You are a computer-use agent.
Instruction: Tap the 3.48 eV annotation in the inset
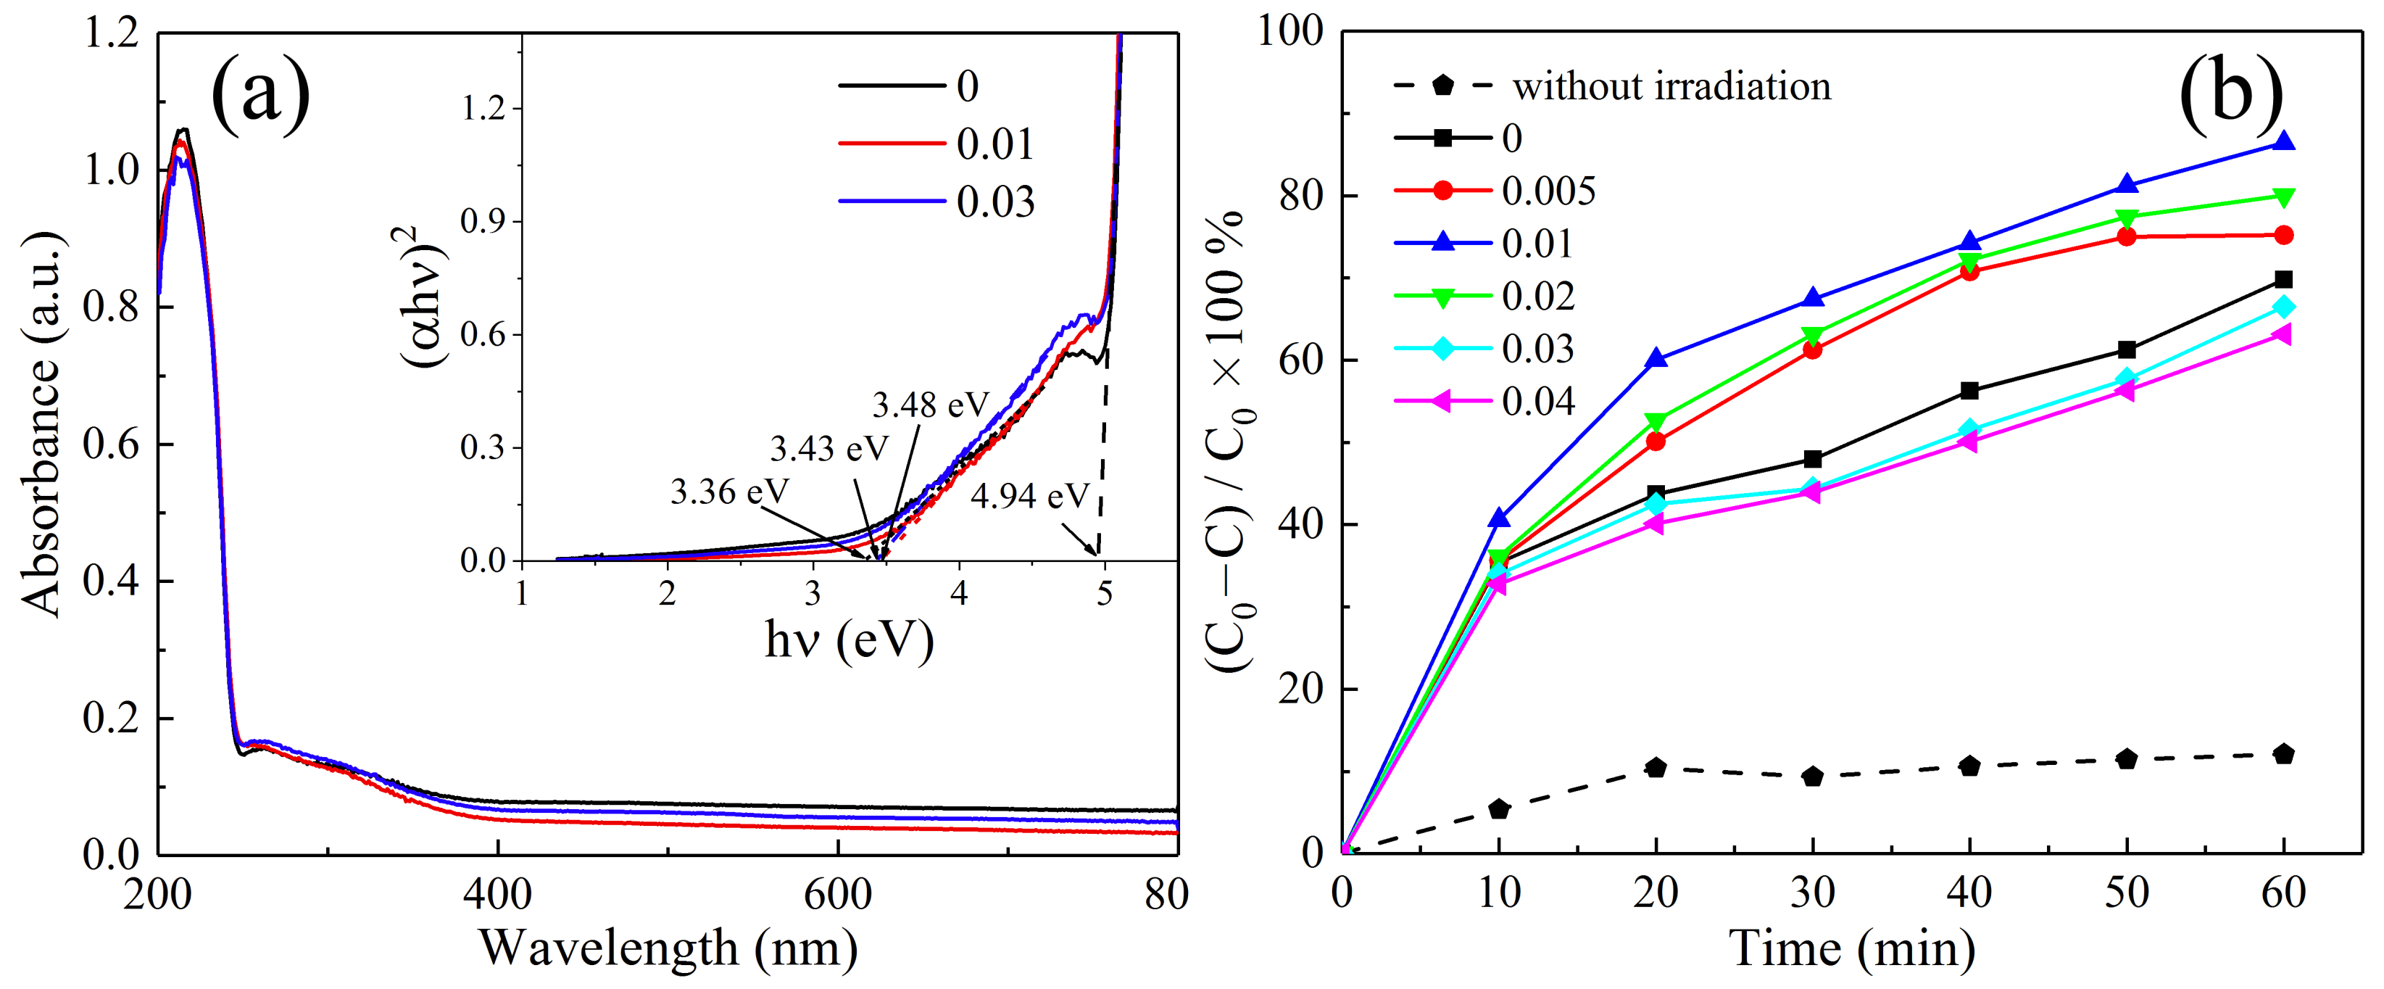pos(930,405)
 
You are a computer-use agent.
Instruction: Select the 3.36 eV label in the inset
pos(729,492)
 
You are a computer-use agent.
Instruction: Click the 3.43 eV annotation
pos(828,448)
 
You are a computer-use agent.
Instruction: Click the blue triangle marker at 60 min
pos(2283,141)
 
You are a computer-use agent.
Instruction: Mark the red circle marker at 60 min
pos(2283,235)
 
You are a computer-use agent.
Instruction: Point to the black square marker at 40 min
pos(1969,391)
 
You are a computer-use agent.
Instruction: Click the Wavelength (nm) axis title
pos(668,948)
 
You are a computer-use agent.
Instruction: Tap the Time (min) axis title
pos(1852,948)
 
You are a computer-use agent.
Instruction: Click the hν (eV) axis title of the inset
pos(849,639)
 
